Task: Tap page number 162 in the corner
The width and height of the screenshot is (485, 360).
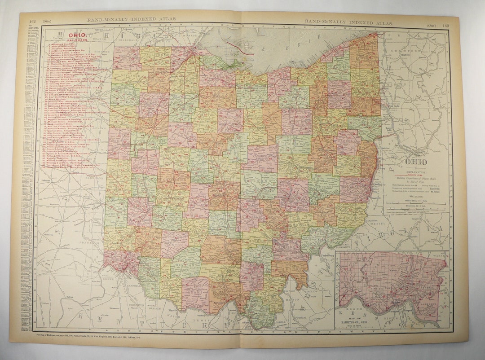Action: click(x=32, y=21)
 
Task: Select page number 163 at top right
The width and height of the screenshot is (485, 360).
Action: click(x=445, y=26)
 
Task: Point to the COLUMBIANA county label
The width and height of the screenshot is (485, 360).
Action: click(x=364, y=121)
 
